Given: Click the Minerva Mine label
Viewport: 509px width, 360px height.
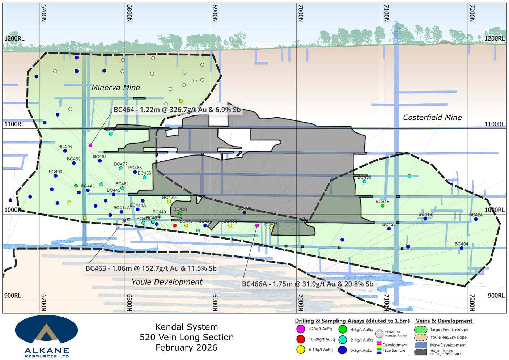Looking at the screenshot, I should (x=116, y=88).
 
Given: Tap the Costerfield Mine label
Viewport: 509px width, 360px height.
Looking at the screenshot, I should (x=432, y=117).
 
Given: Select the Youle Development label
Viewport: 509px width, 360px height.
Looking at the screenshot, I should (x=167, y=282).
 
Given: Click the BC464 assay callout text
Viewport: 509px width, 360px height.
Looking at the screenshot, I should (x=177, y=110).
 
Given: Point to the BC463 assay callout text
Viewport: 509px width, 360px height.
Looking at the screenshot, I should (x=151, y=268).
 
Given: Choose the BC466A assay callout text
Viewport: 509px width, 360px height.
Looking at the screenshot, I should (x=307, y=284).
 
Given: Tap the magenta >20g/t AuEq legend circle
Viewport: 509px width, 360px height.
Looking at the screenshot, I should (x=301, y=329).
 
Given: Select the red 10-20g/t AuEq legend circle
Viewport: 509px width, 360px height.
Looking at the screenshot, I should (x=301, y=339).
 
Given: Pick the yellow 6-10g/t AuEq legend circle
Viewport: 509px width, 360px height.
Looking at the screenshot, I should (x=301, y=350).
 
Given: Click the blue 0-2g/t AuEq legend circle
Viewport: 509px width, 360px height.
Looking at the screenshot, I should (x=342, y=350).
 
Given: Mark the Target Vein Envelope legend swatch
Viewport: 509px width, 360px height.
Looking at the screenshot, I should (x=420, y=330).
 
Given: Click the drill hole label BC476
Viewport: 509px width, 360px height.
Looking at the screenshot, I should (x=65, y=147).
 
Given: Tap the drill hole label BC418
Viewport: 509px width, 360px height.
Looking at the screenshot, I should (x=382, y=202).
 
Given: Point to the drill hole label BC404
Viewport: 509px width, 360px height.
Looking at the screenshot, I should (x=461, y=244).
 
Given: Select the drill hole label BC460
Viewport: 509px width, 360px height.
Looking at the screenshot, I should (x=56, y=171).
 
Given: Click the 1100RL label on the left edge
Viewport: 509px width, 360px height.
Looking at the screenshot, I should (x=14, y=124).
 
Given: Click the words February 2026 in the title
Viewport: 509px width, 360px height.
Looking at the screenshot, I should (x=186, y=348).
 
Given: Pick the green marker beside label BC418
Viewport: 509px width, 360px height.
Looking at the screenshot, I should (x=382, y=206).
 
